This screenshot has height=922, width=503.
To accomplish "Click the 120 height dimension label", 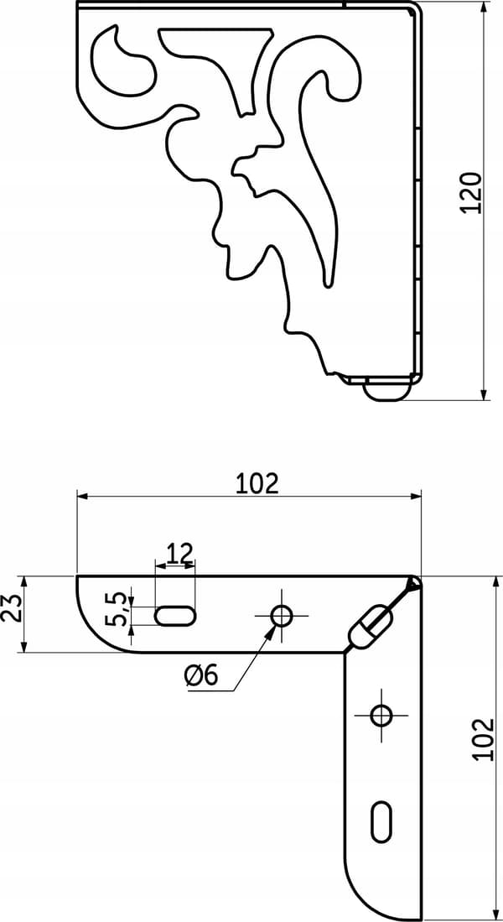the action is pos(471,193).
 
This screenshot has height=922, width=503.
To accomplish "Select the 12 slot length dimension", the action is pos(179,554).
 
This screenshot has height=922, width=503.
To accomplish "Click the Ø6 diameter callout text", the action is pos(201,677).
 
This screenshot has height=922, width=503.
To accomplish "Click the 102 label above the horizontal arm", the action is pos(257,482).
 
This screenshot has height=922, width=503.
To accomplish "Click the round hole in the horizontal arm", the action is pos(282,616).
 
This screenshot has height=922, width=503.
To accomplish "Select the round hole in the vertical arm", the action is pos(382,715).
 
